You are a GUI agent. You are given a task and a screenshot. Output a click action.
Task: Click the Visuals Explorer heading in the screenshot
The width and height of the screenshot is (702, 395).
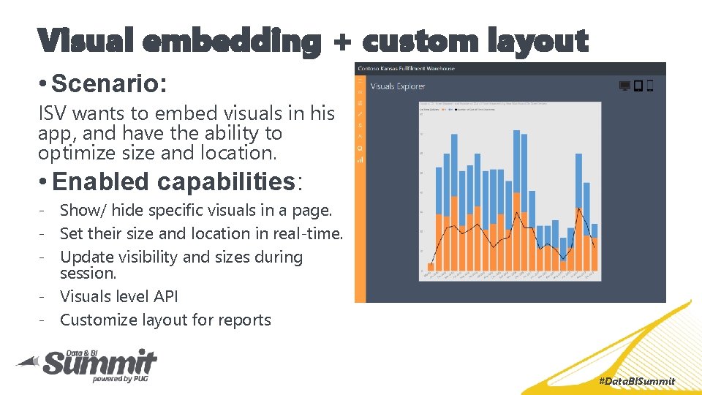coord(398,87)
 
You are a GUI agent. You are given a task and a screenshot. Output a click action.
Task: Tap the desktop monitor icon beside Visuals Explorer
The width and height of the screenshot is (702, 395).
coord(624,86)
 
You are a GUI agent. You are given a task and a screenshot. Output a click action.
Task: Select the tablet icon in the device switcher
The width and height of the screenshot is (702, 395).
coord(638,86)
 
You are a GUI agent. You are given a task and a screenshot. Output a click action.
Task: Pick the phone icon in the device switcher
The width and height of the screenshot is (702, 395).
coord(650,86)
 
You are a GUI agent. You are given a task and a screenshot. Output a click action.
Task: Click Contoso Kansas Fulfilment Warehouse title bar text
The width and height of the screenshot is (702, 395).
coord(406,69)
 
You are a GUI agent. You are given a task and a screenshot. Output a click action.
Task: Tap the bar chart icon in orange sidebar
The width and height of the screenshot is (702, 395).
coord(360,159)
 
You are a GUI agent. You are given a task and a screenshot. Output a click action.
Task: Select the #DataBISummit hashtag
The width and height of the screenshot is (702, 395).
coord(636,381)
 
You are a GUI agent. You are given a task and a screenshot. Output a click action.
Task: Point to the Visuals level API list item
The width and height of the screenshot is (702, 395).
coord(118,296)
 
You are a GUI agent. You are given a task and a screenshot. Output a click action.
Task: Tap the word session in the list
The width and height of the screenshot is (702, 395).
coord(88,273)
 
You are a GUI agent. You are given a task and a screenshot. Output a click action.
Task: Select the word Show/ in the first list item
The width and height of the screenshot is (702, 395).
coord(83,210)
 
